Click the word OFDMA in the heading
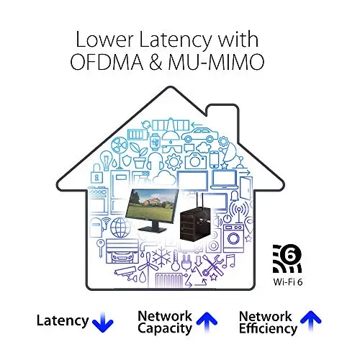pyautogui.click(x=107, y=62)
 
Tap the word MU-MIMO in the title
pyautogui.click(x=216, y=62)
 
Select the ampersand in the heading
pyautogui.click(x=156, y=62)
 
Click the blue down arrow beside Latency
pyautogui.click(x=103, y=322)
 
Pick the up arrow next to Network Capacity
pyautogui.click(x=207, y=322)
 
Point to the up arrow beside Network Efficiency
pyautogui.click(x=310, y=320)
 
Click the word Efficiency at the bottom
pyautogui.click(x=268, y=328)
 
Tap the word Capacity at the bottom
pyautogui.click(x=165, y=328)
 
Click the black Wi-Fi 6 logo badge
pyautogui.click(x=287, y=258)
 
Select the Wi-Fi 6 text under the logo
pyautogui.click(x=287, y=282)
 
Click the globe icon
pyautogui.click(x=120, y=227)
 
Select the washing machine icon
pyautogui.click(x=233, y=237)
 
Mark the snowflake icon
pyautogui.click(x=161, y=258)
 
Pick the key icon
pyautogui.click(x=100, y=248)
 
